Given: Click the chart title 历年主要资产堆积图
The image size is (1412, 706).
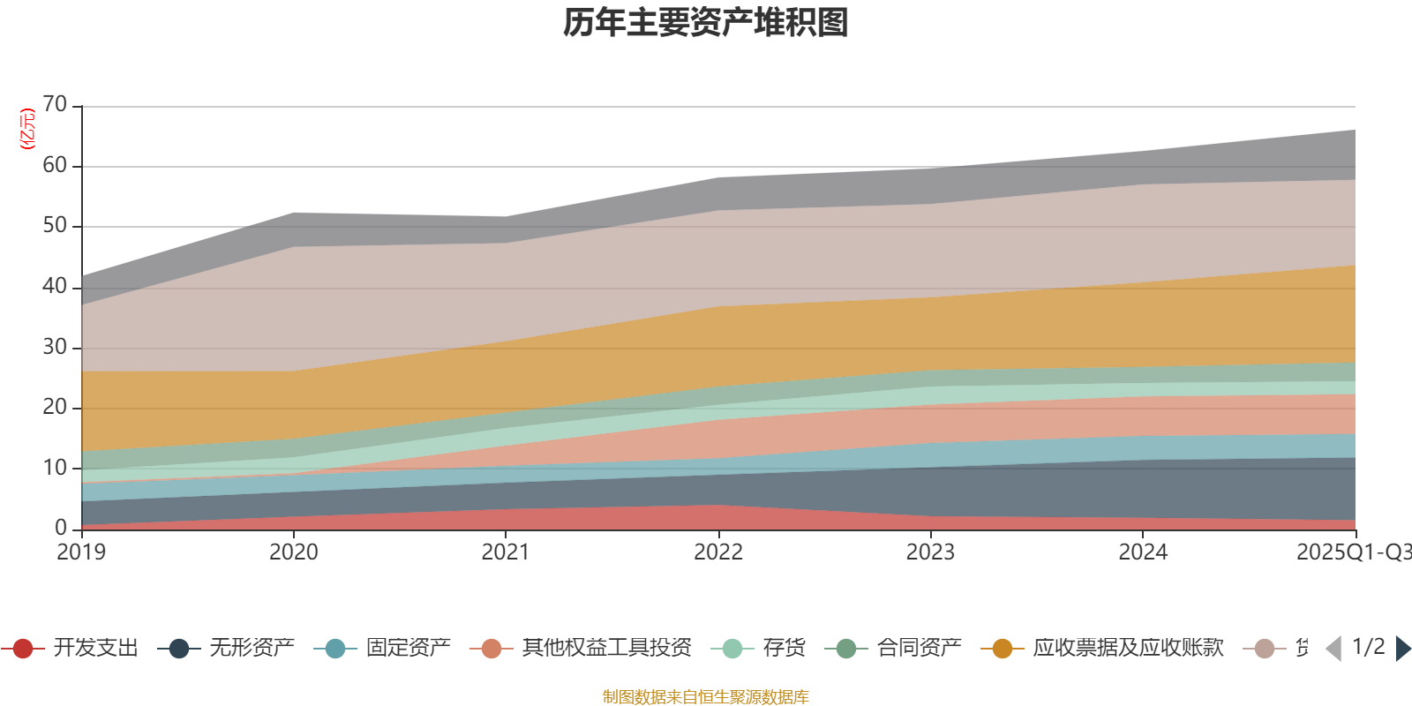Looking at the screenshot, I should click(706, 23).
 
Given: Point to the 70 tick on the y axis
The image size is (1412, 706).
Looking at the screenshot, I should click(55, 105).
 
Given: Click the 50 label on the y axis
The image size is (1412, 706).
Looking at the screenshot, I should click(55, 226).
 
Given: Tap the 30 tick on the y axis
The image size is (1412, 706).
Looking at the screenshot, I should click(55, 347).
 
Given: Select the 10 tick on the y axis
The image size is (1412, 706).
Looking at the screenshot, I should click(55, 468).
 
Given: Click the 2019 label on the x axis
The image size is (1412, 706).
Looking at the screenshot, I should click(81, 552).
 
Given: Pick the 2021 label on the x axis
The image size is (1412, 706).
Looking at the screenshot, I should click(506, 552).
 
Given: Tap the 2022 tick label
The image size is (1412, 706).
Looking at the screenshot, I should click(718, 552).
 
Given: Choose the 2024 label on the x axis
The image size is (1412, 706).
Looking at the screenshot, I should click(1143, 552).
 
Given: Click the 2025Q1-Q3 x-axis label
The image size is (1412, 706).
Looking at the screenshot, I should click(1353, 552).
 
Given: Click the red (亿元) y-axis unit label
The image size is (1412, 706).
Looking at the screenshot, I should click(27, 129).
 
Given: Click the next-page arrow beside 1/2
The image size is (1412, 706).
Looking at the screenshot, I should click(1402, 649).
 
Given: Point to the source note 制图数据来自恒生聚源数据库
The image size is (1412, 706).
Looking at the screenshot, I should click(706, 697).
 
